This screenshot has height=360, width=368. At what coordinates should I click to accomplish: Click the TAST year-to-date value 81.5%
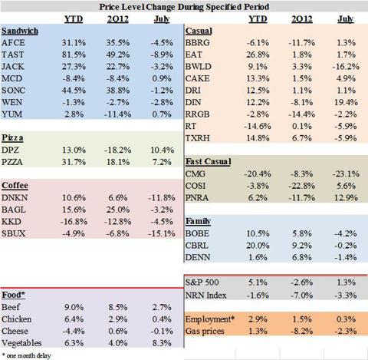74,54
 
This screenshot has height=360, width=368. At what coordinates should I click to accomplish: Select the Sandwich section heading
20,31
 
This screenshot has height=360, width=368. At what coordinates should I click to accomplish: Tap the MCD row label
11,78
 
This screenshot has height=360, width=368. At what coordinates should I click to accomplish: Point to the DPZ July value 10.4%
162,150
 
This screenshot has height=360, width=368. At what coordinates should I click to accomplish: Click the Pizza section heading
12,138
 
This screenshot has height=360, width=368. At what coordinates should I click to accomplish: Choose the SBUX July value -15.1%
162,233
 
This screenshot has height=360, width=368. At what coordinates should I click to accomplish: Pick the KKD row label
11,222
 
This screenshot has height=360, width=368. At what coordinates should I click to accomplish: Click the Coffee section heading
15,186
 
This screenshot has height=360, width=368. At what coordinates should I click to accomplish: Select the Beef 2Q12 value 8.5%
118,307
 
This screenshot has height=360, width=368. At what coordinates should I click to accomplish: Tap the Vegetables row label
21,343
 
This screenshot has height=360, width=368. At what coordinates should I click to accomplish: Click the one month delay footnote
26,355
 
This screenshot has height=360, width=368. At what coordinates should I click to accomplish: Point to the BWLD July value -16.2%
346,67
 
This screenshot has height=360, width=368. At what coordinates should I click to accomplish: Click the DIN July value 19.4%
346,103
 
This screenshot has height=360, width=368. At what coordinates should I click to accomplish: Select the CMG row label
195,174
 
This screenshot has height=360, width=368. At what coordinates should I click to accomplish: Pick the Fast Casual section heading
209,162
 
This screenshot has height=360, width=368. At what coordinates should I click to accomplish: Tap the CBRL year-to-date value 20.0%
258,246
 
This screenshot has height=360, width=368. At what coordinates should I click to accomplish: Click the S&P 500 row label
202,282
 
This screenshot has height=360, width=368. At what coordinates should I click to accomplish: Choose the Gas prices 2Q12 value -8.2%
302,331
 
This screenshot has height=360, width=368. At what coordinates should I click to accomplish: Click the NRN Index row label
205,296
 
